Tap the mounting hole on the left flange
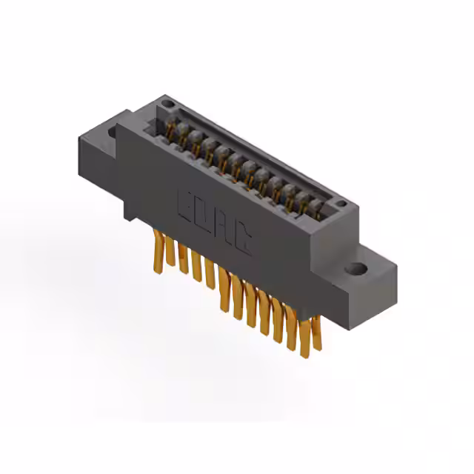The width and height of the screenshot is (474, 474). [x=113, y=133]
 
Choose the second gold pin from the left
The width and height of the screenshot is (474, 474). [x=170, y=250]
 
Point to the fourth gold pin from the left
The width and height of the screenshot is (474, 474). [x=196, y=266]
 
